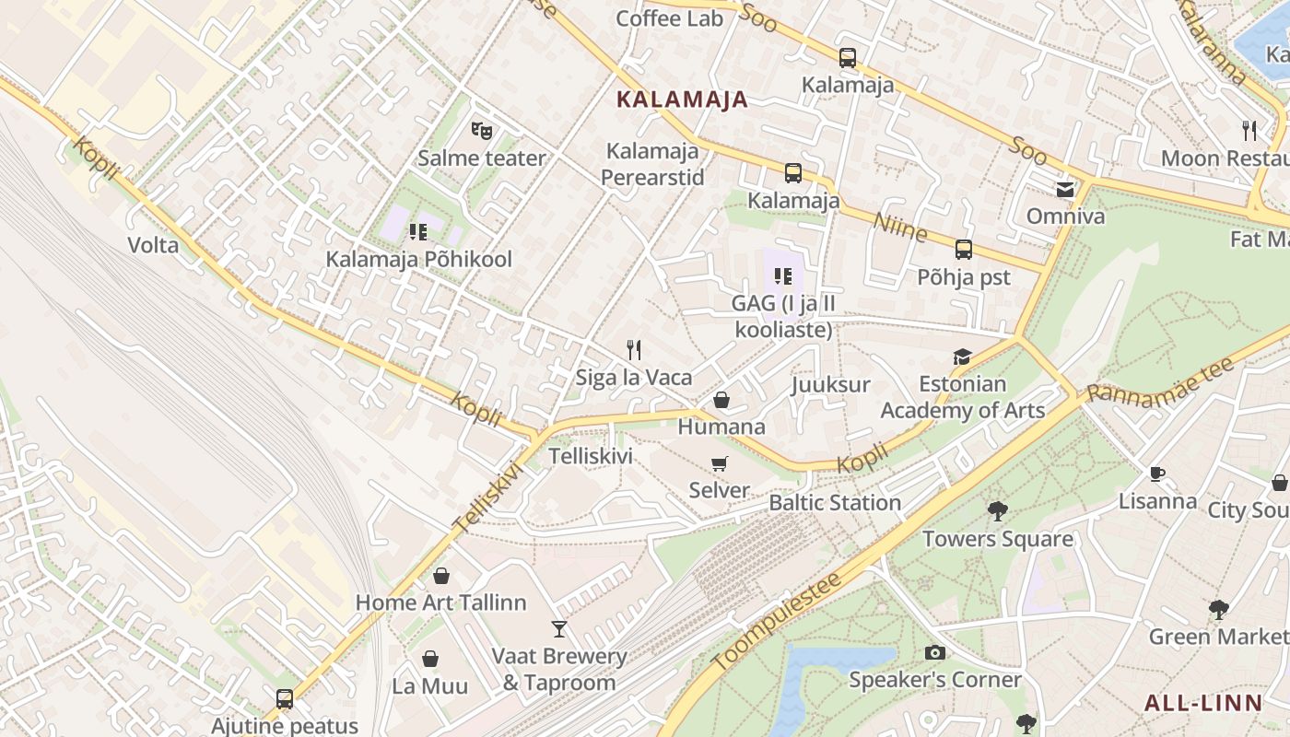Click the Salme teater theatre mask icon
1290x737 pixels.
tap(481, 131)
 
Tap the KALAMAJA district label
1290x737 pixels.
tap(682, 99)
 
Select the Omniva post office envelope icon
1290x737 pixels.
tap(1065, 190)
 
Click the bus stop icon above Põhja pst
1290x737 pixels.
tap(963, 249)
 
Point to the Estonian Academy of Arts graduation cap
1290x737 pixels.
tap(962, 357)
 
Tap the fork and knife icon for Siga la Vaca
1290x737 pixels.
tap(633, 349)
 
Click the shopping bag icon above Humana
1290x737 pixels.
tap(721, 400)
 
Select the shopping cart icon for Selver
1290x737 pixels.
tap(719, 463)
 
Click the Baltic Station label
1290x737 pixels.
tap(835, 503)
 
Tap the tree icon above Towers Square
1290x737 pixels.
tap(997, 511)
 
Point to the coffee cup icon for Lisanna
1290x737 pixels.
tap(1157, 474)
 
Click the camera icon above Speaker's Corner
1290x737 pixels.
tap(934, 652)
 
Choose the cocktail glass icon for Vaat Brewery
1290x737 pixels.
tap(558, 628)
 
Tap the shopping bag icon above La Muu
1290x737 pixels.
tap(429, 659)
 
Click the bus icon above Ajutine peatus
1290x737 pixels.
tap(284, 698)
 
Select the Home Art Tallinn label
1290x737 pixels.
tap(441, 602)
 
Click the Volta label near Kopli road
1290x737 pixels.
tap(153, 245)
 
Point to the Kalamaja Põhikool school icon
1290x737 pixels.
tap(419, 231)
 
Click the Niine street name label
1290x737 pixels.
tap(899, 226)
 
